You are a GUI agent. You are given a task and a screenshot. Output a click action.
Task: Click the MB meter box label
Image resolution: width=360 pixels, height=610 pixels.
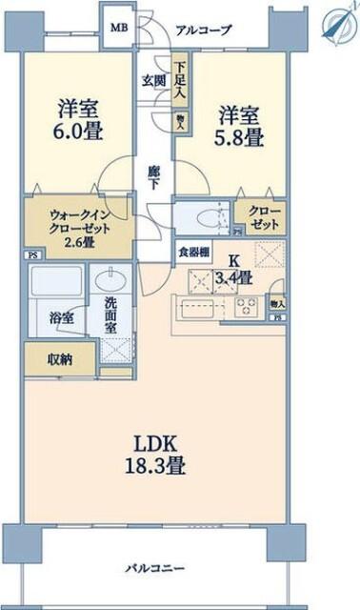tap(119, 29)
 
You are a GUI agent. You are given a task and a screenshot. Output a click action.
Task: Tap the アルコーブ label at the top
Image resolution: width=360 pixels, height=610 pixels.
tap(203, 30)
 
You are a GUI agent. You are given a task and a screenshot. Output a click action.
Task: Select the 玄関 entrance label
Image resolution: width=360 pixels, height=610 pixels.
tap(154, 79)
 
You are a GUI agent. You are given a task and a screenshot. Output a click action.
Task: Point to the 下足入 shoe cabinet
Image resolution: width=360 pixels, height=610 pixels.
tap(179, 84)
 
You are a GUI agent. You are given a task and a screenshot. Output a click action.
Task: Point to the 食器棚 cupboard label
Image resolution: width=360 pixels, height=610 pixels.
tap(191, 253)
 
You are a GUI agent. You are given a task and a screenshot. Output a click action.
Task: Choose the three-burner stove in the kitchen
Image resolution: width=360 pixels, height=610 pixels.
tap(245, 306)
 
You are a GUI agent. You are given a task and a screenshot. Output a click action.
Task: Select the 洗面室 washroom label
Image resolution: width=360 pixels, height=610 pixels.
tap(106, 315)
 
